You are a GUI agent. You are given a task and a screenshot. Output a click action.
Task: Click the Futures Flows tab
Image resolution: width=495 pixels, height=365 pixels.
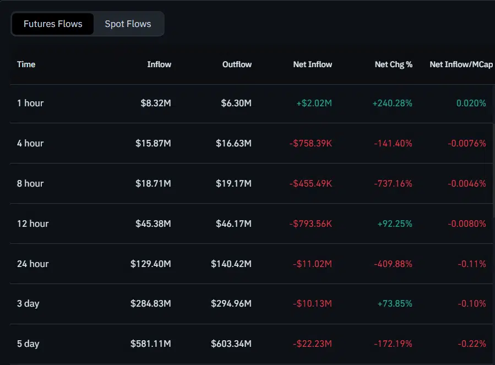pyautogui.click(x=53, y=24)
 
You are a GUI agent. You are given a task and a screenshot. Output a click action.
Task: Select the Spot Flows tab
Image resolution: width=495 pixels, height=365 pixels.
pyautogui.click(x=128, y=24)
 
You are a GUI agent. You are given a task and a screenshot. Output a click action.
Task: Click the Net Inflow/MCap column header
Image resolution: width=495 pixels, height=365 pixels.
pyautogui.click(x=461, y=64)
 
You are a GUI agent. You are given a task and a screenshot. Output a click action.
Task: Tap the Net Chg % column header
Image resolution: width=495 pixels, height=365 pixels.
pyautogui.click(x=393, y=64)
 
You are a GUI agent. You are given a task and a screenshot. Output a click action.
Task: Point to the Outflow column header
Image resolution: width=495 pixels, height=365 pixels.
pyautogui.click(x=237, y=64)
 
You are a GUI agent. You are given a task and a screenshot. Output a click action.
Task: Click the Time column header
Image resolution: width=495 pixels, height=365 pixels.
pyautogui.click(x=26, y=64)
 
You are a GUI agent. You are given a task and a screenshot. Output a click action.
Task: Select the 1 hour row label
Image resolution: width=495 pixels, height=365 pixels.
pyautogui.click(x=30, y=103)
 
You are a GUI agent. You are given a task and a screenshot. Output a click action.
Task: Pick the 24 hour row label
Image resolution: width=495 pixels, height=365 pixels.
pyautogui.click(x=33, y=264)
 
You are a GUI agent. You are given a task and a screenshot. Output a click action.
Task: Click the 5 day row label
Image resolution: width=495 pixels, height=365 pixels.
pyautogui.click(x=28, y=344)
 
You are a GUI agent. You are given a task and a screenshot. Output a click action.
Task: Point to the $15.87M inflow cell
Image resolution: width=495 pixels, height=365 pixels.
pyautogui.click(x=153, y=143)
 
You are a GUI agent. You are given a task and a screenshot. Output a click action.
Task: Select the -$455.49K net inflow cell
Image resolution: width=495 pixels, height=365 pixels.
pyautogui.click(x=311, y=183)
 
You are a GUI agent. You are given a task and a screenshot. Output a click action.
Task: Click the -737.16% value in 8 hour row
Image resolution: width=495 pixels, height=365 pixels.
pyautogui.click(x=393, y=183)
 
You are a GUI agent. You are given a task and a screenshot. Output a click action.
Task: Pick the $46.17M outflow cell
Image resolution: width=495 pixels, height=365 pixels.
pyautogui.click(x=233, y=224)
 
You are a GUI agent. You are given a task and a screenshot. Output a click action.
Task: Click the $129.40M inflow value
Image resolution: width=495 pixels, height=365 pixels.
pyautogui.click(x=151, y=264)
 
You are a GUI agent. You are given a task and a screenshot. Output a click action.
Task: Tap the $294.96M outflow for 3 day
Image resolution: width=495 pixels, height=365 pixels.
pyautogui.click(x=231, y=304)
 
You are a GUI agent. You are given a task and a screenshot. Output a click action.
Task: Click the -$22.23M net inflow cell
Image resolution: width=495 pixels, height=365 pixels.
pyautogui.click(x=312, y=344)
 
